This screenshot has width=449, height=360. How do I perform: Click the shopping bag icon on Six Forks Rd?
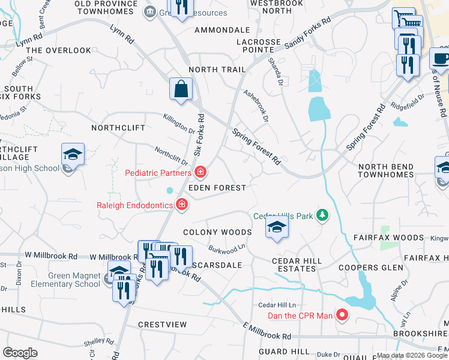[x=181, y=89]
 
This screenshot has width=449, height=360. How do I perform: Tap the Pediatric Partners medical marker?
[x=200, y=173]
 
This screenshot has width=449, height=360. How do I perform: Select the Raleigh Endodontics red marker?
[x=181, y=206]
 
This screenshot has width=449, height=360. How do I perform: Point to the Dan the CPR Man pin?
[x=342, y=314]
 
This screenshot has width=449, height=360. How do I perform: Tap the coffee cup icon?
[x=441, y=59]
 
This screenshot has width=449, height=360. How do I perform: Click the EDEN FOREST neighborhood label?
[x=217, y=188]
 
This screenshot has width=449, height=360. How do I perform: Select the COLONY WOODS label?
[x=217, y=232]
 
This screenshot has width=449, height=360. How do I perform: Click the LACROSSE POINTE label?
[x=259, y=46]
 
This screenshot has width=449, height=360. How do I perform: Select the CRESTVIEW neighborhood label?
[x=162, y=325]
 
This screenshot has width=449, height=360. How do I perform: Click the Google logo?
[x=20, y=353]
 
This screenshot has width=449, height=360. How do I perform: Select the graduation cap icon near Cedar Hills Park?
[x=277, y=227]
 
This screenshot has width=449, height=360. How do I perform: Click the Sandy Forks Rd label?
[x=308, y=31]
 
